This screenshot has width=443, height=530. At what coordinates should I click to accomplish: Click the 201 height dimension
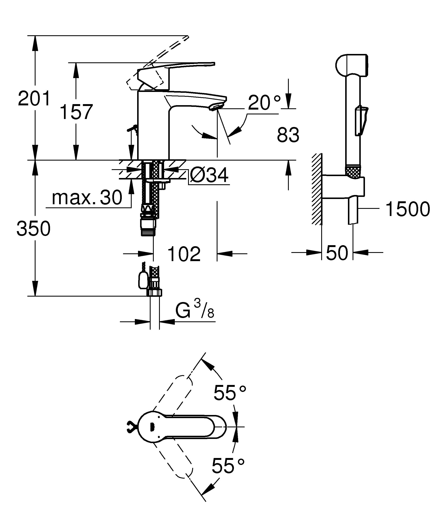(34, 99)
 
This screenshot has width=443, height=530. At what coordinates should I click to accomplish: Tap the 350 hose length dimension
(34, 228)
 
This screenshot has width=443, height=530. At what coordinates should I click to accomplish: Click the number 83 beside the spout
(288, 135)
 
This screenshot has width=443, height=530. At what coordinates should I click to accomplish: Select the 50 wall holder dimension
(337, 253)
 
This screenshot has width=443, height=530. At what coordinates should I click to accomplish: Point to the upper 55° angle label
(229, 393)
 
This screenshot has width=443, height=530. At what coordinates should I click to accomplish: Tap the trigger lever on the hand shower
(361, 121)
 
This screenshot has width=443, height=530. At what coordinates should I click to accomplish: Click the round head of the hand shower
(351, 65)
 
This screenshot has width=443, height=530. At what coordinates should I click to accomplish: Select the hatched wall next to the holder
(317, 189)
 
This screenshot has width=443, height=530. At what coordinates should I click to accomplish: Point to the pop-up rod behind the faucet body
(133, 130)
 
